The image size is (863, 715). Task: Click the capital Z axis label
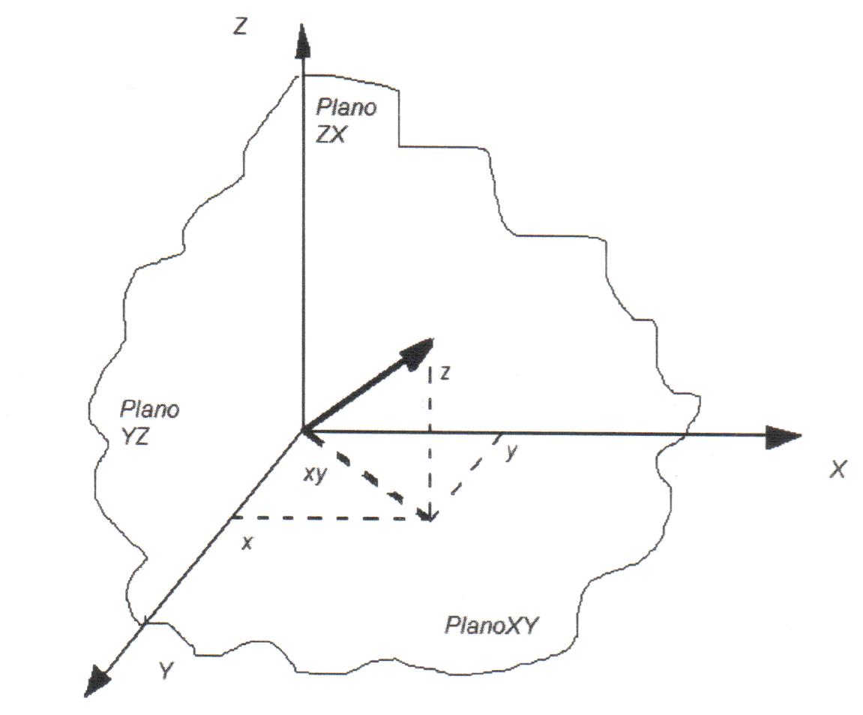tap(241, 29)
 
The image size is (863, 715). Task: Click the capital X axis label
tap(838, 470)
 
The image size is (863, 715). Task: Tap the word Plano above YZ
tap(150, 410)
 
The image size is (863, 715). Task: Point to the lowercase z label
tap(445, 374)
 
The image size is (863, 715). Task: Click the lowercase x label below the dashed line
tap(246, 542)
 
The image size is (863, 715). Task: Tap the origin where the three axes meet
tap(301, 430)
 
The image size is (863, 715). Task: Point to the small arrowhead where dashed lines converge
tap(428, 516)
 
